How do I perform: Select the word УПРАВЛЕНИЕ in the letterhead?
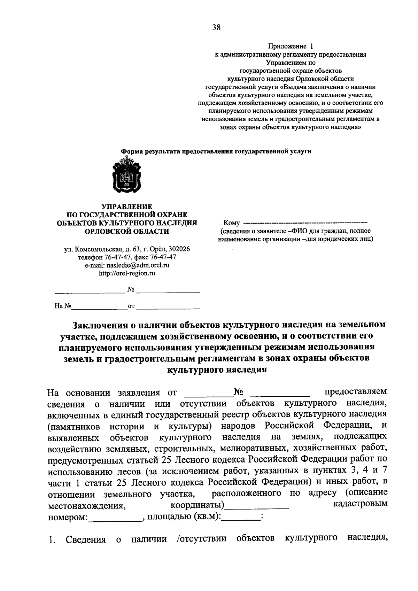click(127, 207)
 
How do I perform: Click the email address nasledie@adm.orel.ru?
click(127, 265)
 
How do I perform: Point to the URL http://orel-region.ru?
click(127, 273)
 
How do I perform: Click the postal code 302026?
click(179, 249)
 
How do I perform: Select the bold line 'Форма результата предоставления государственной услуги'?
click(216, 151)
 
